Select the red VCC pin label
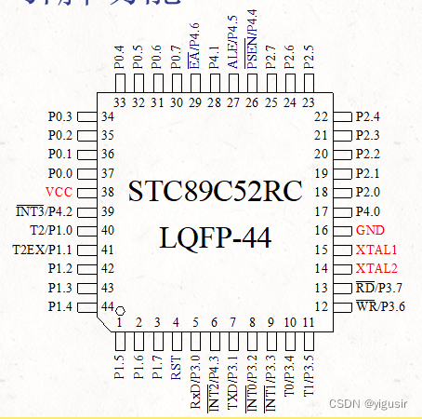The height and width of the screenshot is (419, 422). pos(58,193)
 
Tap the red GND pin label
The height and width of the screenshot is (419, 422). pos(370,230)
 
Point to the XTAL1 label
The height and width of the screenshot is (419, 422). pos(376,250)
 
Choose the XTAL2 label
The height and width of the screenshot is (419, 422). pos(376,268)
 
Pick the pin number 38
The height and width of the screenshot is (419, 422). pos(108,193)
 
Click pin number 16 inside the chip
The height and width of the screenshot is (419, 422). pos(322,230)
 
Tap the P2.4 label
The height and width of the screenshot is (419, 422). pos(368,116)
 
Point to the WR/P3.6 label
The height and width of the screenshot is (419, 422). pos(376,306)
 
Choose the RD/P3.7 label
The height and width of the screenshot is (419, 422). pos(376,288)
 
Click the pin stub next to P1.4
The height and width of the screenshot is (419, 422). pos(85,306)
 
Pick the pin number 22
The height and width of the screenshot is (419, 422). pos(322,116)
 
